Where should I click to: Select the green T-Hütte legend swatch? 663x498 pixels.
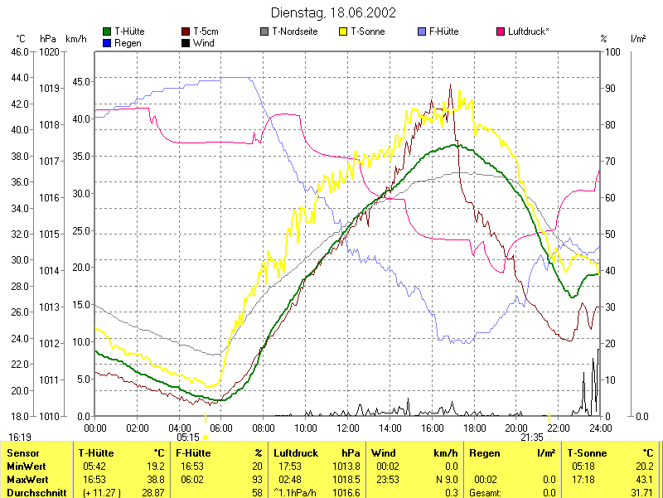point(107,31)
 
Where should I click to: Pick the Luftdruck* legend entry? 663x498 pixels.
point(528,31)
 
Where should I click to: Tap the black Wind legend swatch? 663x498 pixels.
point(186,42)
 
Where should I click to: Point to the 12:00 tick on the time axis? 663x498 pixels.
point(348,428)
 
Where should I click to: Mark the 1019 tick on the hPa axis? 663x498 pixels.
point(49,88)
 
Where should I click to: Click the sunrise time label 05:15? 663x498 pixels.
point(188,437)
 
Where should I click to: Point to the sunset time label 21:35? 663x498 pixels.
point(531,437)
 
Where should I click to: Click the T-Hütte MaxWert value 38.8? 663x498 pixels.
point(155,479)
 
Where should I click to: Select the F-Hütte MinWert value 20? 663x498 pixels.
point(257,467)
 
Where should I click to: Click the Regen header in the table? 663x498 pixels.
point(485,453)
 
